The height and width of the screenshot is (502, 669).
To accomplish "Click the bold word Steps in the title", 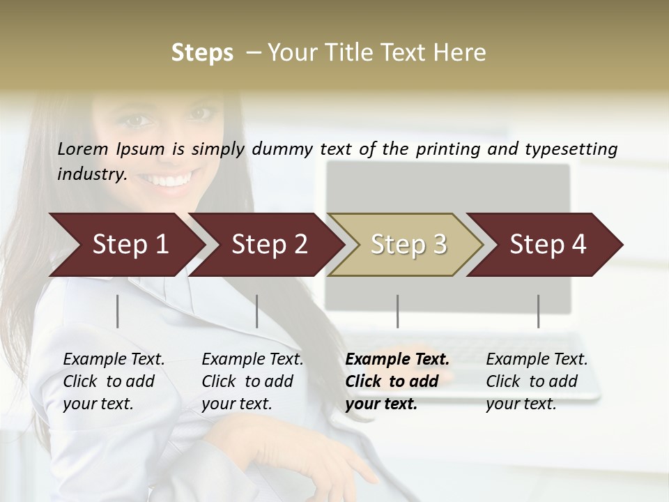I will point(202,53).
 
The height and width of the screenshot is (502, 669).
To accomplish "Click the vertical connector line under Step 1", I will point(118,311).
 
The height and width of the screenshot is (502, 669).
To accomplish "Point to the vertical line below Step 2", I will point(257,311).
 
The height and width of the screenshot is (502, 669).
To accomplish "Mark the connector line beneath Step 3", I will point(398,311).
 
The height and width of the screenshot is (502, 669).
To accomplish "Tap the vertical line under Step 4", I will point(539,311).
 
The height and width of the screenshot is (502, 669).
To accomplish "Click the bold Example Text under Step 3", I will point(397,381).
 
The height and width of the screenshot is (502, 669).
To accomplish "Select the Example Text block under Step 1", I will point(114,381).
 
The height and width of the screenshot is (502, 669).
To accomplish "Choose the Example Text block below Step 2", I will point(252,381).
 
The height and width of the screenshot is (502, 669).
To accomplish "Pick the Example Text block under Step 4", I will point(537,381).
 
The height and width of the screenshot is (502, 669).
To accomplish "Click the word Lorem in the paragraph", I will point(83,149).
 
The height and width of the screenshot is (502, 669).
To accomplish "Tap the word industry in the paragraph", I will point(91,174).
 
